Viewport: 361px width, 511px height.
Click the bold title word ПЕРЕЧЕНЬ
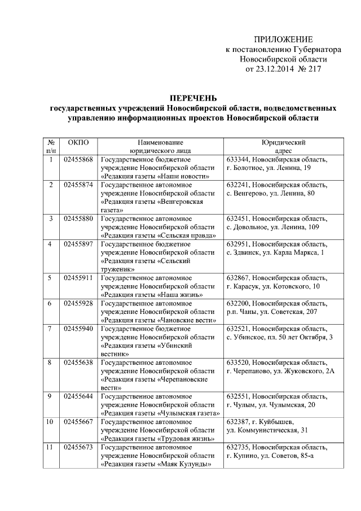point(193,98)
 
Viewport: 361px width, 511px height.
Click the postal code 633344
point(237,159)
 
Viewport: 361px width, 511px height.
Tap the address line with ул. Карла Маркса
point(275,252)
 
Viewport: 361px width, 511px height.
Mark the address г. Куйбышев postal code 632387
point(237,422)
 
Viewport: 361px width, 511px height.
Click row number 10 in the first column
point(51,422)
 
